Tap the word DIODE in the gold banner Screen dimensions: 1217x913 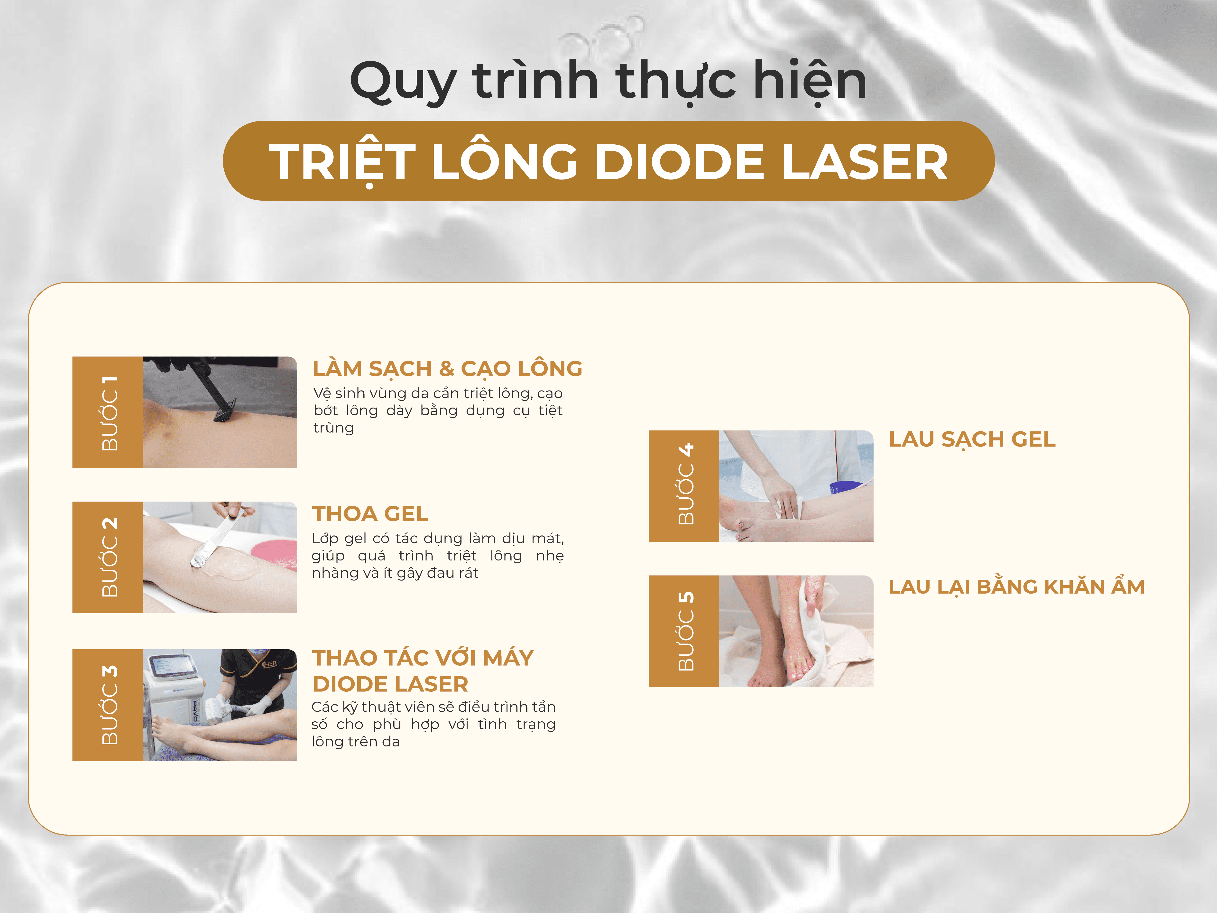(x=680, y=162)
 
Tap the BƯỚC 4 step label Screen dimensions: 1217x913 (x=685, y=484)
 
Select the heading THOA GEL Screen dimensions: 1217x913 (x=370, y=513)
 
